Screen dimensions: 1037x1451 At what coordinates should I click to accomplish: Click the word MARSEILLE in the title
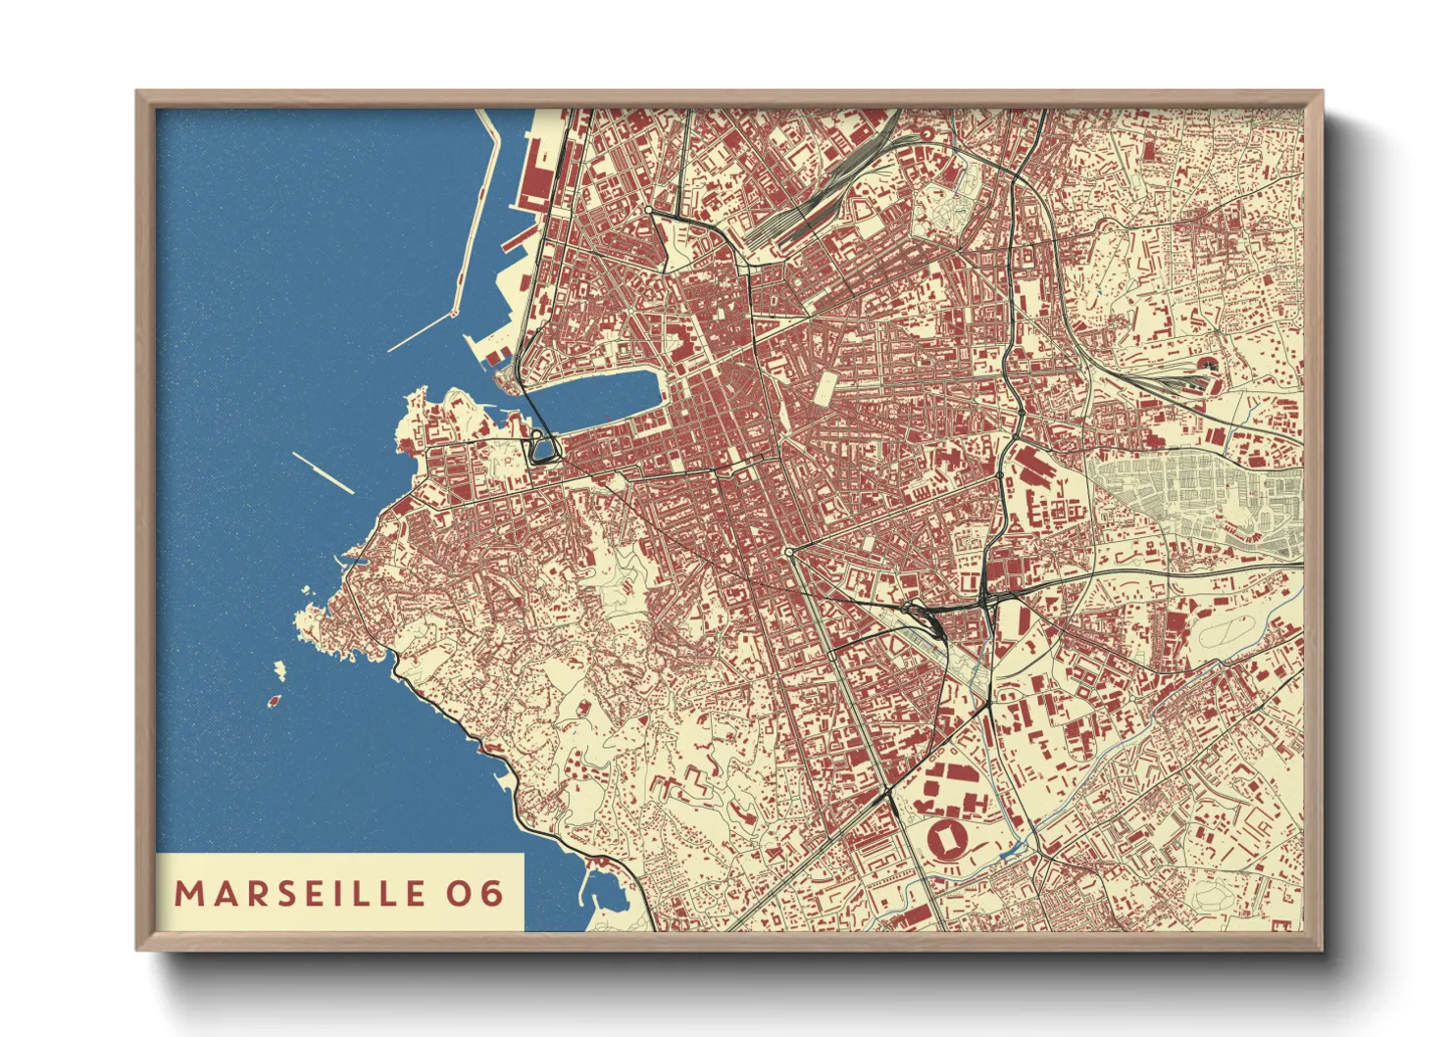click(x=300, y=893)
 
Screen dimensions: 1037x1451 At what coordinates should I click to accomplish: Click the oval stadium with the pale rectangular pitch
click(x=948, y=839)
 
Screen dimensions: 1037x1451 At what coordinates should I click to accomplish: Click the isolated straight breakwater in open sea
click(x=323, y=473)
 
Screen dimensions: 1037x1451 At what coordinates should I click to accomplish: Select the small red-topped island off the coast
click(x=274, y=702)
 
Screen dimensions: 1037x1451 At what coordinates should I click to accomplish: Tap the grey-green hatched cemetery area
click(x=1196, y=495)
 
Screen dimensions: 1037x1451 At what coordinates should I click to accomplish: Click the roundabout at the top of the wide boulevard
click(x=789, y=553)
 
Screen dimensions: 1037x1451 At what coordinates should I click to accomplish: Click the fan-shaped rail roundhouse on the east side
click(x=1208, y=367)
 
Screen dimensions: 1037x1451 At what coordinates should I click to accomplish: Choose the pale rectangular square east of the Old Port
click(x=826, y=388)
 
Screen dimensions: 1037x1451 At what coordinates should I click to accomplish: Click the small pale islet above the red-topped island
click(x=279, y=669)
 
